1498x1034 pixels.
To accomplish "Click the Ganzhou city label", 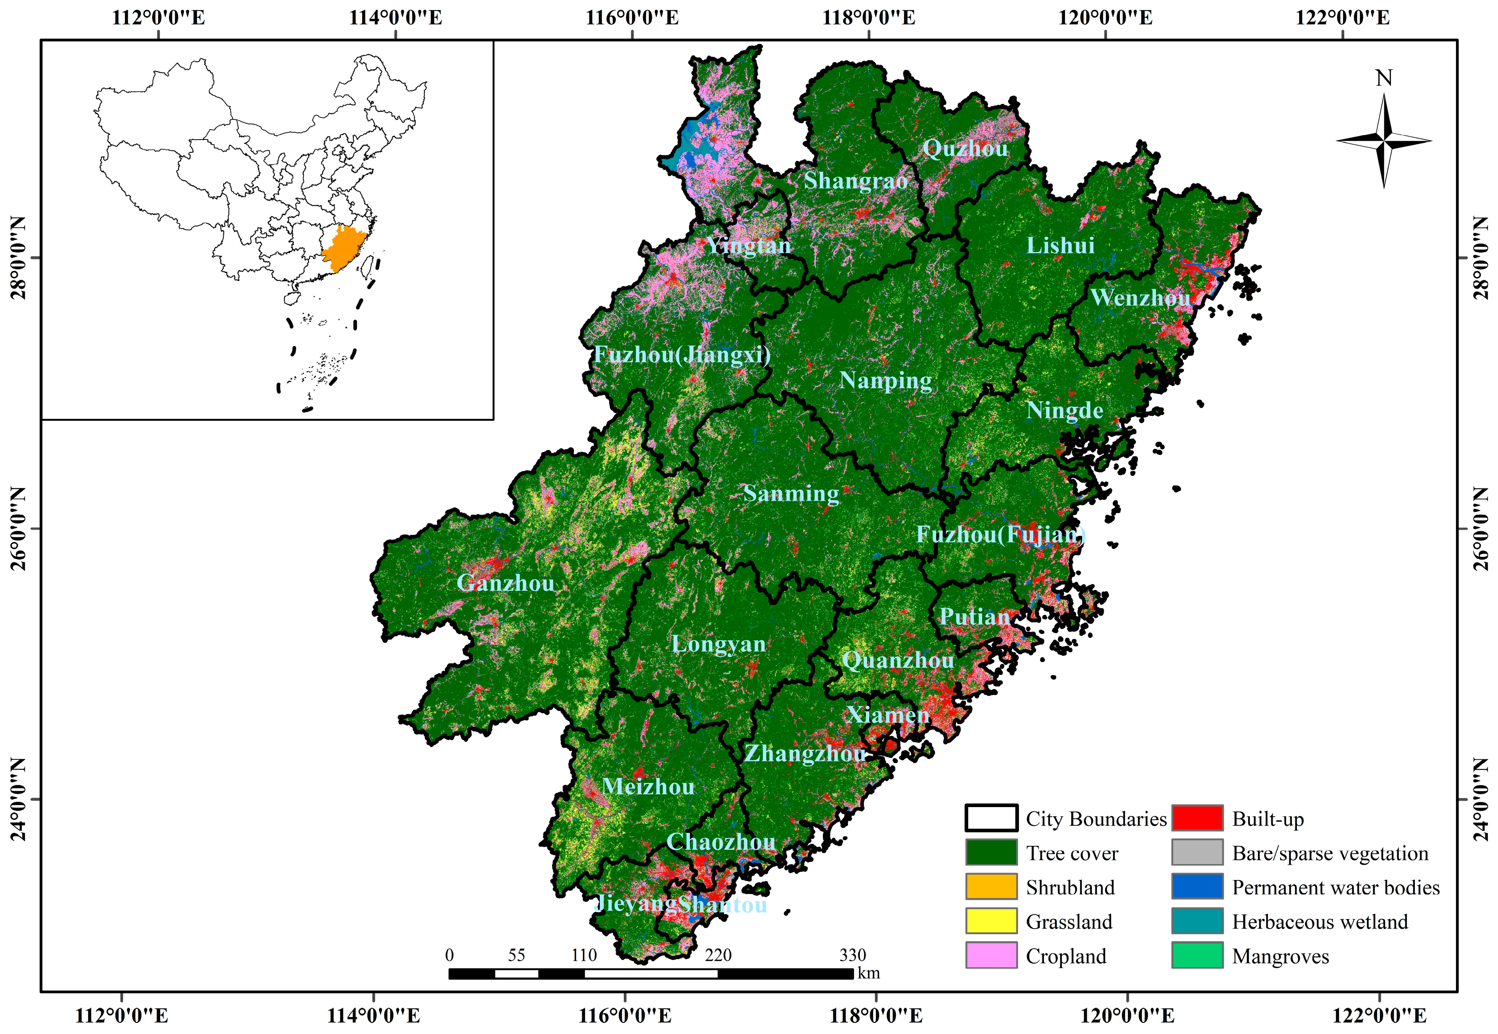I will (506, 583).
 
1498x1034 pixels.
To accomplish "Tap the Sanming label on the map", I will (791, 494).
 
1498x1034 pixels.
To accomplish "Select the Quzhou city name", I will (965, 149).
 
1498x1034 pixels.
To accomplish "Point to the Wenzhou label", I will (1140, 298).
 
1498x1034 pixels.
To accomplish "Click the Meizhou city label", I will (648, 787).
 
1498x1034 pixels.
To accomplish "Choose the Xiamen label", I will (887, 715).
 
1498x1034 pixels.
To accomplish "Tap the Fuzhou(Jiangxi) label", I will (682, 355).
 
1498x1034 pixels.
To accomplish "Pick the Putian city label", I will (974, 617).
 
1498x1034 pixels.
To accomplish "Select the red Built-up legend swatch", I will (1196, 818).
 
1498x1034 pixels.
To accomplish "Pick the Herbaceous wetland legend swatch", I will (1196, 921).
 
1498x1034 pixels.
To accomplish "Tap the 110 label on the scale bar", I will (583, 955).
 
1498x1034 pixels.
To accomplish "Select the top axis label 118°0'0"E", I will (868, 17).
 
